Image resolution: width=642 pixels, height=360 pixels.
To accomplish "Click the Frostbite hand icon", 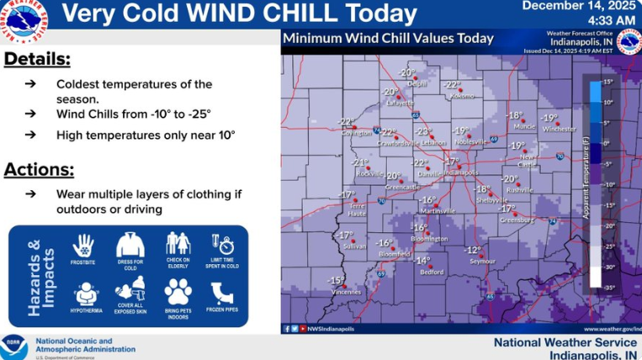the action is pos(83,246).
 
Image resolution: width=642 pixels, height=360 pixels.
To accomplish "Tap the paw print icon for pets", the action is pos(178,292).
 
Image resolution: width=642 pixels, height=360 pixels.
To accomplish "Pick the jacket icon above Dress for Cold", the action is pos(130,245).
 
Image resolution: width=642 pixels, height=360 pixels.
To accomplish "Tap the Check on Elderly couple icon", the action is pos(178,244).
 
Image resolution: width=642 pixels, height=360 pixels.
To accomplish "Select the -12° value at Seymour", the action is pos(474,251).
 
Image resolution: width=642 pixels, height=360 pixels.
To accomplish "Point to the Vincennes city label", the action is pos(346,291).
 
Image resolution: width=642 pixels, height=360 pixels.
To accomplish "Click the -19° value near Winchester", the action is pos(549,118).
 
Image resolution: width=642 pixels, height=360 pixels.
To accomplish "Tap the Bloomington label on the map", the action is pos(429,239).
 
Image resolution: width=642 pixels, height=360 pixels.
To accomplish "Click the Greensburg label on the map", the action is pos(517,220).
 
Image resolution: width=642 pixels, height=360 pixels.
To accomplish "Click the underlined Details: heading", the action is pos(37,59).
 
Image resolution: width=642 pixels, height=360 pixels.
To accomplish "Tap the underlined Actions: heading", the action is pos(39,169).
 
